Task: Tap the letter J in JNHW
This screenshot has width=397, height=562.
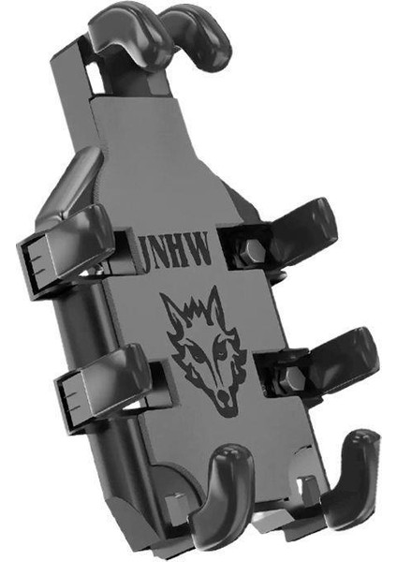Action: (147, 253)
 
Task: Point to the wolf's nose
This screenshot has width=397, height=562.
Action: (225, 395)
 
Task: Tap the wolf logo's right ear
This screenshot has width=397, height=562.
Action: (216, 303)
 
